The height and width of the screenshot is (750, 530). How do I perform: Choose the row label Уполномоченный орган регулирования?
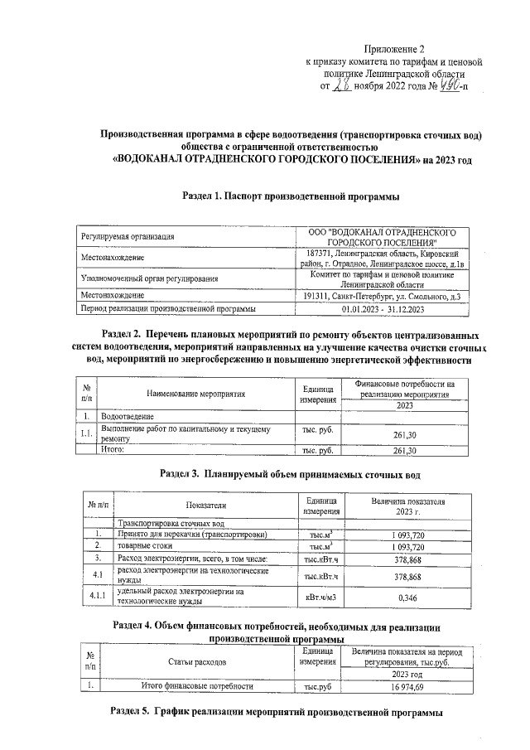(x=149, y=280)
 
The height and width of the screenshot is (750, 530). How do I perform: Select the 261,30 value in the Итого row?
(x=404, y=451)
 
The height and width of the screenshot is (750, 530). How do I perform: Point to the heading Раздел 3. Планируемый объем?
(x=290, y=475)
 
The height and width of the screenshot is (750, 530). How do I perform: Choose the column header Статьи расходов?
(x=196, y=662)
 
